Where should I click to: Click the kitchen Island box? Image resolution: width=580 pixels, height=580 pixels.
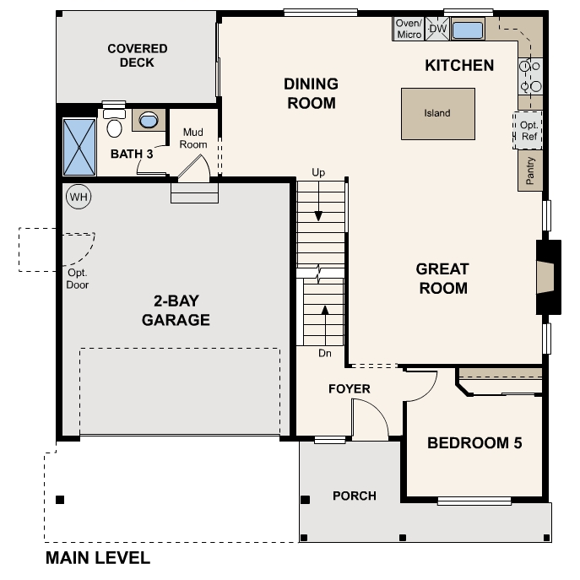[x=437, y=113]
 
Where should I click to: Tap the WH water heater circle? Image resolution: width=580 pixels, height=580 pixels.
[x=79, y=197]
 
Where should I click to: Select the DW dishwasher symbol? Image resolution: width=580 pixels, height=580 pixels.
[x=437, y=30]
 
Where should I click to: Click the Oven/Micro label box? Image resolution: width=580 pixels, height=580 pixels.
[x=409, y=30]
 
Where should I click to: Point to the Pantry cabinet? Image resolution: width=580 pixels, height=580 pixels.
[x=530, y=171]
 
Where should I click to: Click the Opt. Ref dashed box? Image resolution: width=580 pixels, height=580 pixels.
[x=529, y=130]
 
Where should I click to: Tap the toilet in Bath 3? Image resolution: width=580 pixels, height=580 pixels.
[x=114, y=124]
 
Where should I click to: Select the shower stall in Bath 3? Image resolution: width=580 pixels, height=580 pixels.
[x=79, y=147]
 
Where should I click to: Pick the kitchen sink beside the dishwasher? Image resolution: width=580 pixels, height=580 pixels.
[x=467, y=30]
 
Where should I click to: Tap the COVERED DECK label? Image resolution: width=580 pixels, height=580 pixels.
[x=137, y=56]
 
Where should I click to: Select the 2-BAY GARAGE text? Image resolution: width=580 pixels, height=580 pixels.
[x=176, y=312]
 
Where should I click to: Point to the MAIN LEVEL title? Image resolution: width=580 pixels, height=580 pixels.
[x=98, y=558]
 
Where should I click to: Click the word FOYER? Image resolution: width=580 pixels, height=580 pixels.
[x=349, y=389]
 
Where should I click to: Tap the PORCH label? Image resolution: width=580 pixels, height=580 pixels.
[x=354, y=496]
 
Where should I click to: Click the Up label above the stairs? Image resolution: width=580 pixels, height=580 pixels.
[x=318, y=173]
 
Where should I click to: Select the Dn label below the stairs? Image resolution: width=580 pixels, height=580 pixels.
[x=324, y=353]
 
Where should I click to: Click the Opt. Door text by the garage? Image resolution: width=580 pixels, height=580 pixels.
[x=78, y=279]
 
